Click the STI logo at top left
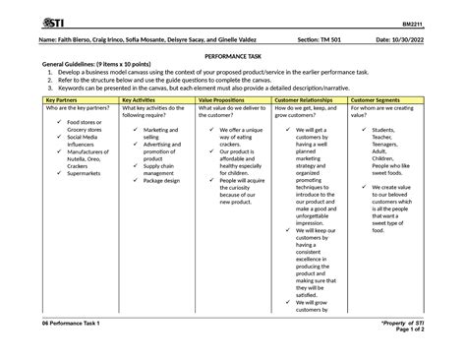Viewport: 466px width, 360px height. click(45, 22)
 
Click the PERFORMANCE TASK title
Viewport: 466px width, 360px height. click(233, 58)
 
